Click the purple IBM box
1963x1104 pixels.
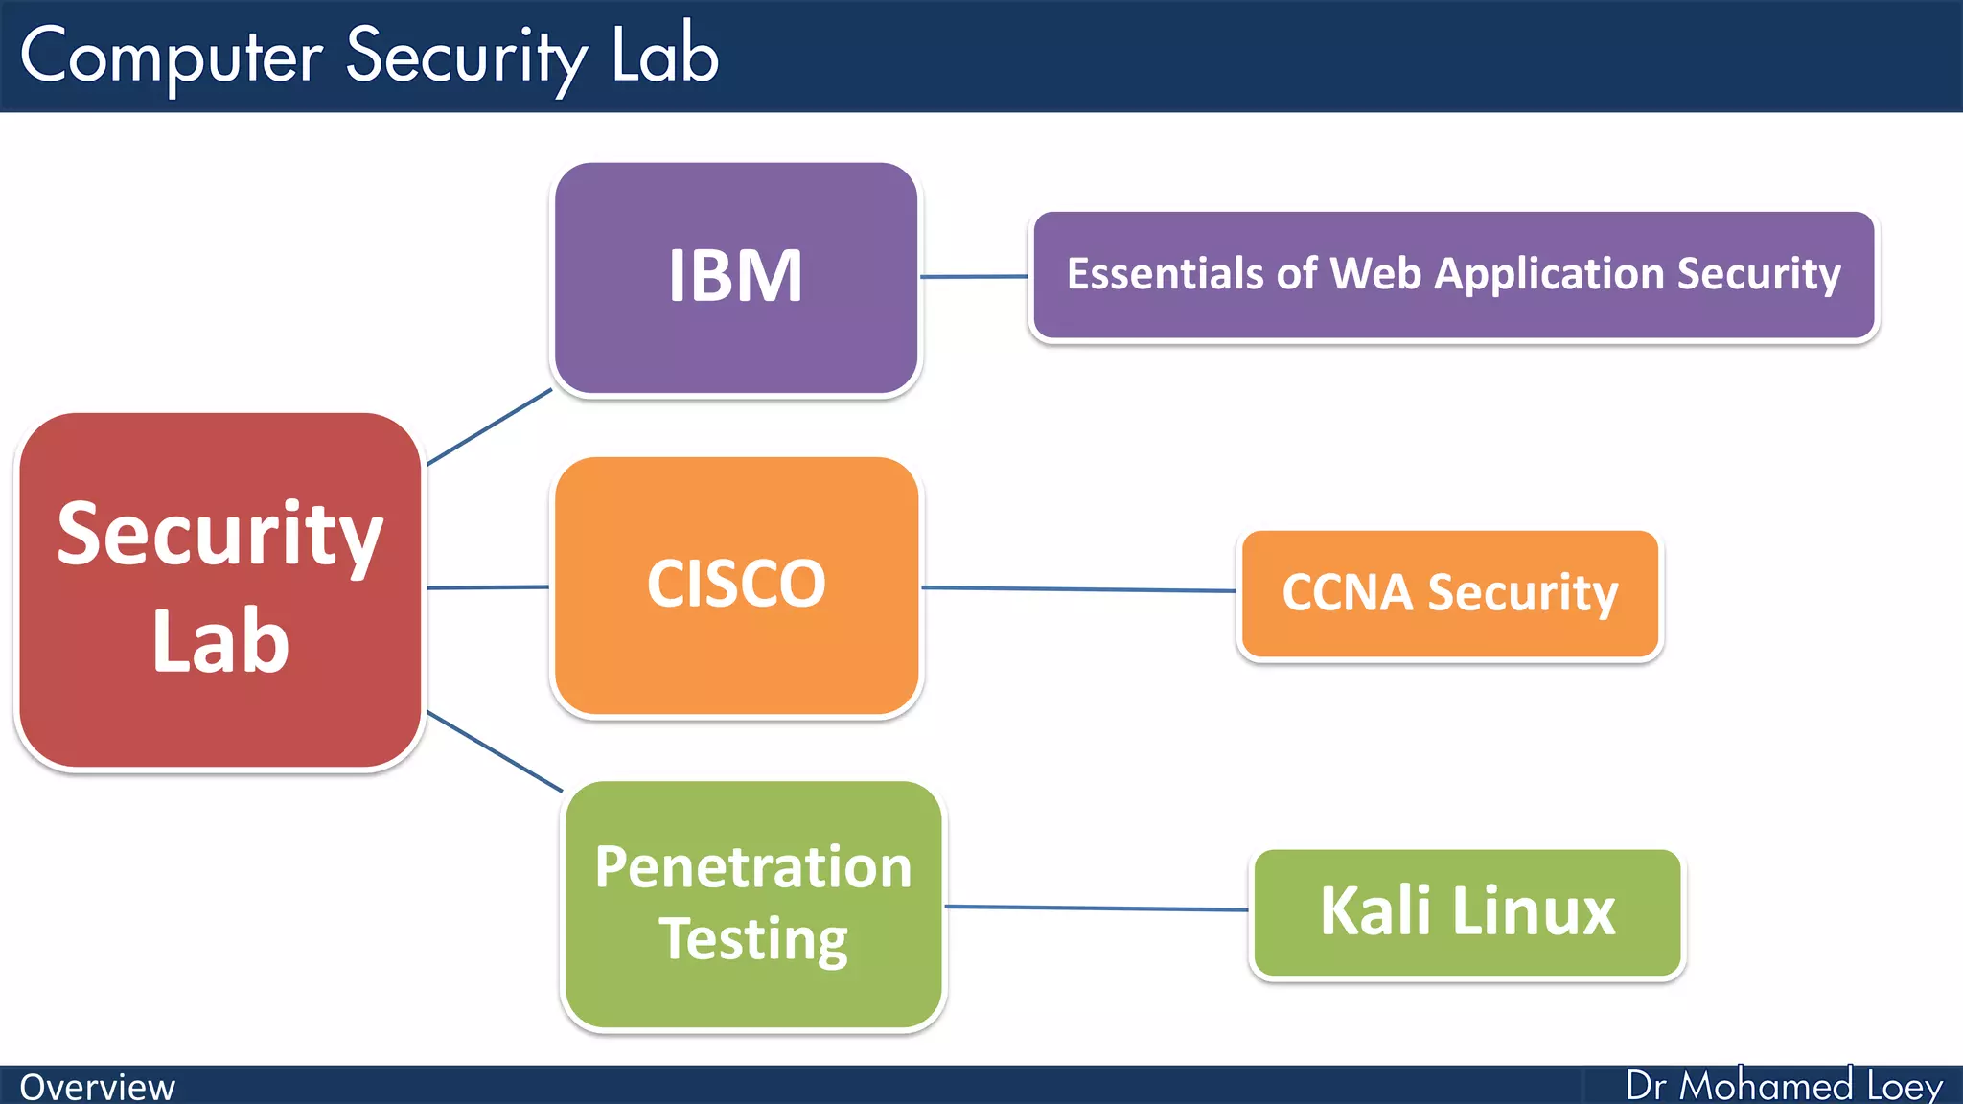click(x=736, y=278)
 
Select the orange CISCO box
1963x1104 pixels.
click(x=736, y=586)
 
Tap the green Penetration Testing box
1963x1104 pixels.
click(x=753, y=905)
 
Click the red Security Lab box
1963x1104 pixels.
click(x=220, y=589)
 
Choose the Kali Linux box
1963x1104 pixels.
click(x=1466, y=912)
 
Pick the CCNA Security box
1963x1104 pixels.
click(x=1449, y=594)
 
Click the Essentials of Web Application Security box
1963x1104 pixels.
click(x=1453, y=275)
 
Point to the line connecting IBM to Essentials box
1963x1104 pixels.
click(x=973, y=277)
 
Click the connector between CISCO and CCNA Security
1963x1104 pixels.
click(x=1078, y=589)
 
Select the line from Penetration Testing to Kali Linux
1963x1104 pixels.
click(x=1096, y=908)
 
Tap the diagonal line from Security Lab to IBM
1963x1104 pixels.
click(x=489, y=427)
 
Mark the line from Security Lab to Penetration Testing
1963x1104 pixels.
click(x=494, y=751)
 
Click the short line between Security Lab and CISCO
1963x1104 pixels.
click(x=487, y=587)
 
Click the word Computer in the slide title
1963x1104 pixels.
click(x=171, y=57)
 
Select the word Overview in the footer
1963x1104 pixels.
click(x=97, y=1088)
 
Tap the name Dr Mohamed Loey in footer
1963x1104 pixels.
click(x=1784, y=1086)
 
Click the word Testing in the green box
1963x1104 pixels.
click(x=753, y=939)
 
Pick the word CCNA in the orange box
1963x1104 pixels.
click(x=1347, y=593)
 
